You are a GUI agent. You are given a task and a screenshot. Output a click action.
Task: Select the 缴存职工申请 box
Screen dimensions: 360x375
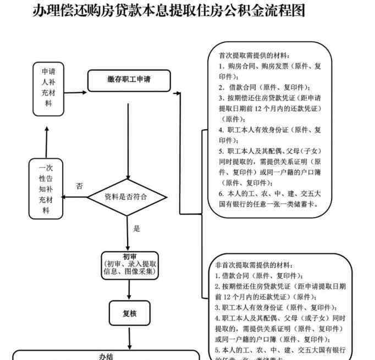point(129,80)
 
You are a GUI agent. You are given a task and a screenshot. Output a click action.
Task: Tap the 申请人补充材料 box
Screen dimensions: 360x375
point(48,87)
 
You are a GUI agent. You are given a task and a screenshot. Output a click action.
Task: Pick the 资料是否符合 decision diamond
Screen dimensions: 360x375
point(128,197)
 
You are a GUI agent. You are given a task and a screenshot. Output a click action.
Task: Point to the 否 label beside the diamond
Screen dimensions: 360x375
point(80,186)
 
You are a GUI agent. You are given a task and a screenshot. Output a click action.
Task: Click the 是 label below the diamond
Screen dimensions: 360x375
point(137,229)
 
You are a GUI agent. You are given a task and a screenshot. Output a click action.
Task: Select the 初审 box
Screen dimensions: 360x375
point(130,264)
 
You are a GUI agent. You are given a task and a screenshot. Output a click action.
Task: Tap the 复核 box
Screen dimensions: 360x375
point(130,314)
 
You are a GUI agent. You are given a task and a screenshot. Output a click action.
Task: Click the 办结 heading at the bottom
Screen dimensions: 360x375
point(105,356)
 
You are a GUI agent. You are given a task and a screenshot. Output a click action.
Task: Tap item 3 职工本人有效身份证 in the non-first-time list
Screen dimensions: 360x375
point(275,307)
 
